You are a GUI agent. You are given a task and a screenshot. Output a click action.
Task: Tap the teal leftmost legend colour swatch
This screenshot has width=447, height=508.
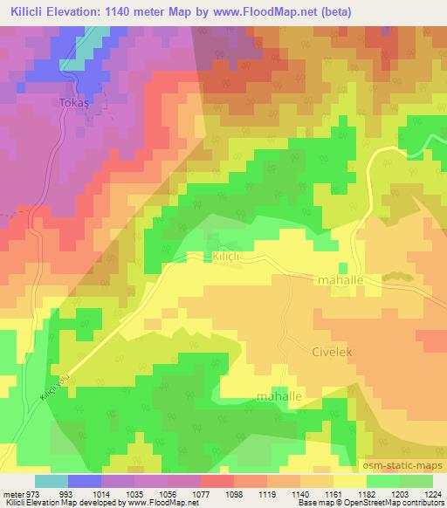pos(52,481)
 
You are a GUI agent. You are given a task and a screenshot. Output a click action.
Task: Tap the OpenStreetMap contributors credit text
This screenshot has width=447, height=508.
pos(385,504)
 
